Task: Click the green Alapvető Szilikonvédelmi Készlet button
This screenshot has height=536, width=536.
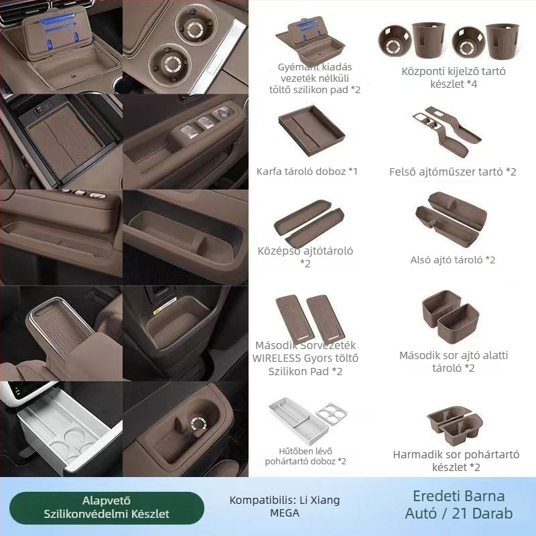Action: [107, 508]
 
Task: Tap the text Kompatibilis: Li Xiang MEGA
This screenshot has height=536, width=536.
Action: [284, 507]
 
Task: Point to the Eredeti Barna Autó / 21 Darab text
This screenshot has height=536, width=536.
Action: [459, 505]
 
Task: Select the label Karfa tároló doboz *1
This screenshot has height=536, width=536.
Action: [307, 172]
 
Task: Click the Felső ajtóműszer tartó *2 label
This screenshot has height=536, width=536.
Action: [453, 172]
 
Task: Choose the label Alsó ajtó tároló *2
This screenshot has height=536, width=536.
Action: [453, 260]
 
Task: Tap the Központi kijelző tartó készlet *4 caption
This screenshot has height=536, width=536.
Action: [454, 78]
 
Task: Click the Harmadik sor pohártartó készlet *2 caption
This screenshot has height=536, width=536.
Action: [456, 461]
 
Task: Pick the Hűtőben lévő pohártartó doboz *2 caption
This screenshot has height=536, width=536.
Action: [306, 456]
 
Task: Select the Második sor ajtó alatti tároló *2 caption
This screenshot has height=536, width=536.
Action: [454, 362]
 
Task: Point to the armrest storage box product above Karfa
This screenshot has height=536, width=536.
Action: [312, 130]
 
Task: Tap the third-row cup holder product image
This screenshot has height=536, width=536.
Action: [455, 424]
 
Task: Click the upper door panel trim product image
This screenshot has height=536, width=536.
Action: [447, 131]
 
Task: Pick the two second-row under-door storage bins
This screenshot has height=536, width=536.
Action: [450, 316]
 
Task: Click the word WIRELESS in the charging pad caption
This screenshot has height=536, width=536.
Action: [276, 358]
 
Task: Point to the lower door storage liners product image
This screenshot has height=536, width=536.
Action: [451, 219]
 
